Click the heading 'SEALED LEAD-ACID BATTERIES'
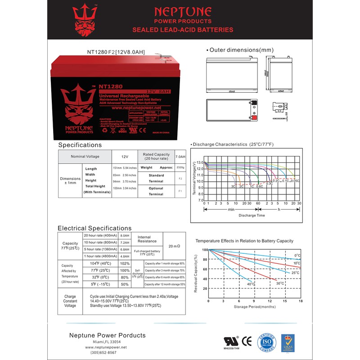click(183, 30)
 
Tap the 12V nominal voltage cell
click(124, 157)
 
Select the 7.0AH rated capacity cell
click(180, 157)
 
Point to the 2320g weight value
click(180, 167)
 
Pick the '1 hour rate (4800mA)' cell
click(100, 257)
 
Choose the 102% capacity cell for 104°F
click(125, 263)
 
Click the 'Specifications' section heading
click(80, 145)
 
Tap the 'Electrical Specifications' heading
click(94, 228)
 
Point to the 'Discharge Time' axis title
click(252, 216)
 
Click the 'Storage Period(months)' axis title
click(255, 306)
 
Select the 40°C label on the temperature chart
click(251, 284)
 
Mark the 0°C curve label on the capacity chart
click(297, 255)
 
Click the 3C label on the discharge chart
click(234, 186)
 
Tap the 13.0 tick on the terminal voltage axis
click(200, 162)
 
